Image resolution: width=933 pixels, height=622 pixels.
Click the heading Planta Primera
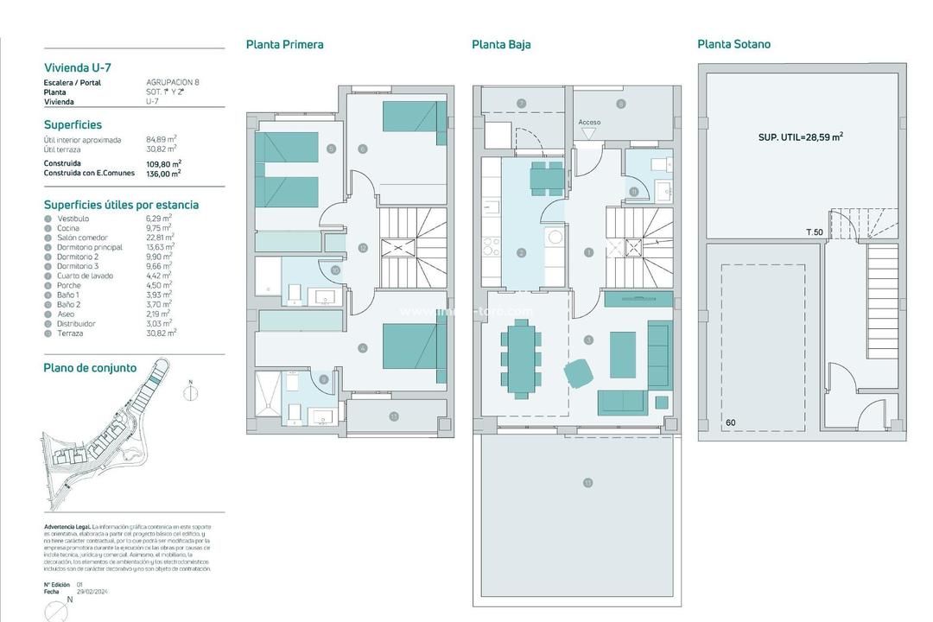[284, 44]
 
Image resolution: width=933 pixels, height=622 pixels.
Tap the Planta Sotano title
[733, 44]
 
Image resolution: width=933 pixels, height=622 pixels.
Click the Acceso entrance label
[589, 123]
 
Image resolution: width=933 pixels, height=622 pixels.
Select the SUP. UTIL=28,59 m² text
[800, 136]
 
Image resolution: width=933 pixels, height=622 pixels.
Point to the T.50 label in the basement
[814, 232]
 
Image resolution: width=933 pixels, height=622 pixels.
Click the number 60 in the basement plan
[731, 422]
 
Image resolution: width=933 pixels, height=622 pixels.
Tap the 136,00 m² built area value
[163, 173]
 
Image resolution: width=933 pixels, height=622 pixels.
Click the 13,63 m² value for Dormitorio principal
[159, 247]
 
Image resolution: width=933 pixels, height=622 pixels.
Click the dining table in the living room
[520, 358]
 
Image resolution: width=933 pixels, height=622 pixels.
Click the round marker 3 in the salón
[588, 340]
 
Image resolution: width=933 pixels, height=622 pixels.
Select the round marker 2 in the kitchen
[521, 253]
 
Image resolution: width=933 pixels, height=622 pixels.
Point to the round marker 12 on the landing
[362, 248]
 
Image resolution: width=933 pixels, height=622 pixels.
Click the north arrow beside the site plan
[191, 391]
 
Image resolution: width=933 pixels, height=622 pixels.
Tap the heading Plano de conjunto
[90, 368]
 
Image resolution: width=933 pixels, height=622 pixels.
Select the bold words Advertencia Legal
[70, 526]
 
